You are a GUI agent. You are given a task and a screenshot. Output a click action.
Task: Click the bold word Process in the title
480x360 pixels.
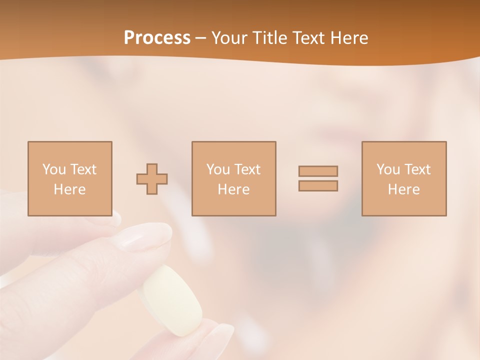157,38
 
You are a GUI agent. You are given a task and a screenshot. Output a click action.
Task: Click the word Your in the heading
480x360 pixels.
230,38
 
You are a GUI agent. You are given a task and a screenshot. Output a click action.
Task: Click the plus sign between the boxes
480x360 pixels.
152,178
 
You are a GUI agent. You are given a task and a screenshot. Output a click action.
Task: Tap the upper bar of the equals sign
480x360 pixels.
318,171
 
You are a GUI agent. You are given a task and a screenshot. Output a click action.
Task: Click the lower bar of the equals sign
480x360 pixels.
318,185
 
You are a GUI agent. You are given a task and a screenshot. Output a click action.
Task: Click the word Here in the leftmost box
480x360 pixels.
69,189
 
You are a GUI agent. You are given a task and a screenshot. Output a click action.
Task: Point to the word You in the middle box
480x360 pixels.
218,169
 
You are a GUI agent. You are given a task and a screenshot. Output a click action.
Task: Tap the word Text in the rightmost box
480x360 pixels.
416,169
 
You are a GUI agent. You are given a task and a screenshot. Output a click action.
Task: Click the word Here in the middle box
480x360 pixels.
233,189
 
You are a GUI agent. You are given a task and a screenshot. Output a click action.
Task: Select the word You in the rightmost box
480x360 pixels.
388,169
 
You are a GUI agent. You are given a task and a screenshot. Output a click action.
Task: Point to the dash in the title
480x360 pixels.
201,38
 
